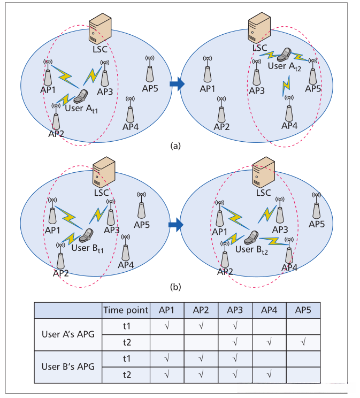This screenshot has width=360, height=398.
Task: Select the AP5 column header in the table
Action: [x=303, y=310]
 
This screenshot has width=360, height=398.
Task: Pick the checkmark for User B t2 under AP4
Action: [x=269, y=374]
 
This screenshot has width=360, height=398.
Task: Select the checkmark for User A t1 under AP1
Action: [x=167, y=325]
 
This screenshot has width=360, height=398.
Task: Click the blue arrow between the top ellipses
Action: [x=177, y=83]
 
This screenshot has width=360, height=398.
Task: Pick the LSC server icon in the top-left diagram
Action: [x=99, y=28]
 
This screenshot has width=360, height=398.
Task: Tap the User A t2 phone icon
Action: [x=287, y=55]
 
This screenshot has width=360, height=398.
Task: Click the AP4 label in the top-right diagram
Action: [x=289, y=126]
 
